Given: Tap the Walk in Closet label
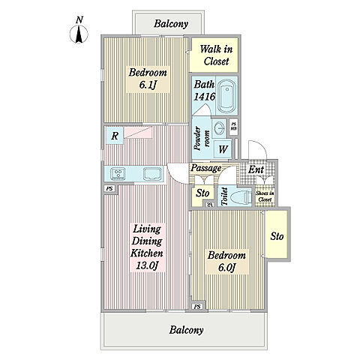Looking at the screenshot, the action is pos(216,55).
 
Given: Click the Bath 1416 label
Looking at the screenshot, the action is pos(204,90).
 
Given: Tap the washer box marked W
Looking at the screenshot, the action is pos(223,149).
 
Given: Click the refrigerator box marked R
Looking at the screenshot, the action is pos(115,136).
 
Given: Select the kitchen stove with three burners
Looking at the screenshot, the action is pos(118,173).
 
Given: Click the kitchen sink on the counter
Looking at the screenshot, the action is pos(152,173).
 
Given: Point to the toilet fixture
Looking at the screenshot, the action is pos(241,196).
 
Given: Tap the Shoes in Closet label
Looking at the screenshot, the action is pos(265,196).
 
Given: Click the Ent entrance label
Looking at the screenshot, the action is pos(256,170).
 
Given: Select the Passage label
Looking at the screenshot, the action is pos(206,168).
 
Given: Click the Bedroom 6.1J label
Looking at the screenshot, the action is pos(148,79).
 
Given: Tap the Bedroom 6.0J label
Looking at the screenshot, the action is pos(226,262).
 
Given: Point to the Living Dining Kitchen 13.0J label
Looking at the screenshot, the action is pos(147,247).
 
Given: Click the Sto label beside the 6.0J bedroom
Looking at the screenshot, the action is pos(277,236).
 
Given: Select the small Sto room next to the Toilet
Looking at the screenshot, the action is pos(202,196).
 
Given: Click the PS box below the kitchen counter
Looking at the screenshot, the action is pos(109,189).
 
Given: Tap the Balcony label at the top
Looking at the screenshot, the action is pos(171,24).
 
